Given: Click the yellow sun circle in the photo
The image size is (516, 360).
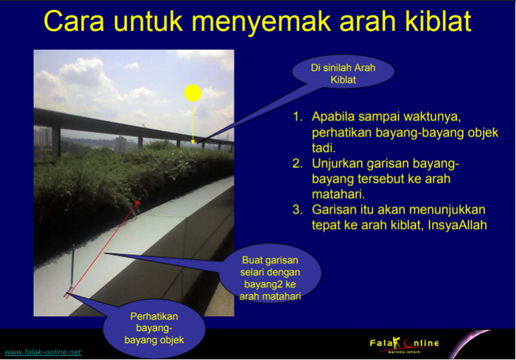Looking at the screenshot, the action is tap(193, 93).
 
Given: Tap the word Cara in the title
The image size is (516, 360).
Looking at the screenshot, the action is tap(74, 21).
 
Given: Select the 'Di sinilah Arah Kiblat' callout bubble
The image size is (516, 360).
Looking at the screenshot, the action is tap(343, 73).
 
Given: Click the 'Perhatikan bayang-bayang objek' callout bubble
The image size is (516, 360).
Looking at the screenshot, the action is tap(154, 328).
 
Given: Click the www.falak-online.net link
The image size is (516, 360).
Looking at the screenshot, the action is tap(43, 352).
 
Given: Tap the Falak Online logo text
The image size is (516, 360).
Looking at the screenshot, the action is tap(404, 344).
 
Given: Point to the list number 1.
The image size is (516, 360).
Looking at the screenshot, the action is tap(298, 116).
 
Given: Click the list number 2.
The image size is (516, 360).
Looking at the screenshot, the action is tap(298, 163).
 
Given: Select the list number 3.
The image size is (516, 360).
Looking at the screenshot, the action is tap(297, 210).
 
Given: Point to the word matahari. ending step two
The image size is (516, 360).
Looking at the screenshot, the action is tap(339, 194).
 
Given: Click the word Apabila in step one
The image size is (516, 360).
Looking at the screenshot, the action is tap(333, 117).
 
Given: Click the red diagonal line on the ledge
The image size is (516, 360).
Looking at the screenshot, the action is tap(103, 249).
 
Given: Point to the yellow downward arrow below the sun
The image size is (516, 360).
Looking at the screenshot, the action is tap(193, 123).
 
